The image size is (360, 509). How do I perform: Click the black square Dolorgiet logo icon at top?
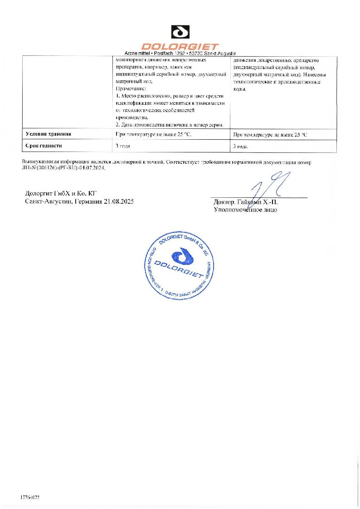tap(180, 33)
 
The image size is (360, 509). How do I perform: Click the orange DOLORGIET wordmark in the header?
tap(180, 46)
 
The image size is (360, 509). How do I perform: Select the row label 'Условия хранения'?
tap(49, 134)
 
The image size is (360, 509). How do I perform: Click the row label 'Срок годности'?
tap(44, 146)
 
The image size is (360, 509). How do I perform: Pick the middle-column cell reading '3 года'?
tap(123, 146)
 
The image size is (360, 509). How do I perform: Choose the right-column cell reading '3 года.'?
tap(241, 146)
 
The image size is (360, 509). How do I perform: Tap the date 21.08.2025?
tap(118, 202)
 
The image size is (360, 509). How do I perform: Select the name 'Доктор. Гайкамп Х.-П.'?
tap(245, 202)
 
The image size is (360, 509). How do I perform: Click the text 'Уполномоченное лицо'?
tap(245, 210)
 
